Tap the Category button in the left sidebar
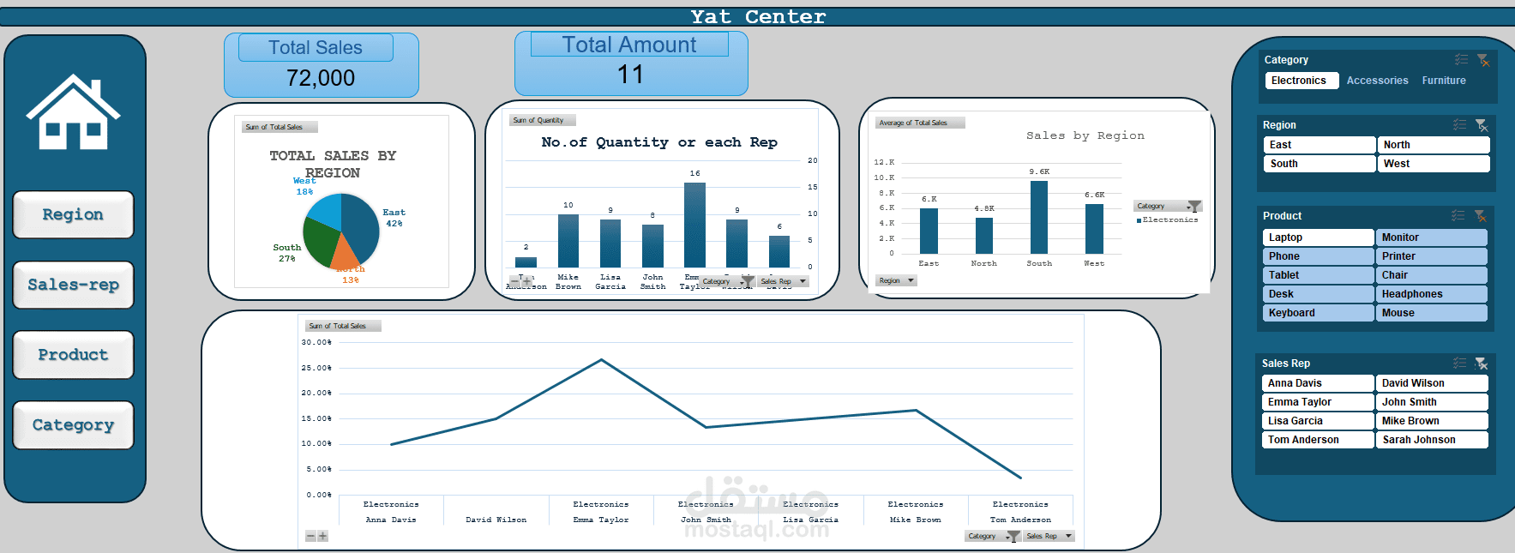(73, 425)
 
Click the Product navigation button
(73, 355)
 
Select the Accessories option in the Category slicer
(1377, 81)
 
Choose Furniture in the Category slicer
(1444, 81)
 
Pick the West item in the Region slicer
(1432, 164)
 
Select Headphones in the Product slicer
(1431, 294)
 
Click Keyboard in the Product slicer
(1318, 313)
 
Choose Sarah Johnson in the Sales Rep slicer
(1431, 440)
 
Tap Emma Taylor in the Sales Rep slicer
(1318, 402)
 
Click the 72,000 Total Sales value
(321, 78)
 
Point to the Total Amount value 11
(630, 75)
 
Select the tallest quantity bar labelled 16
(694, 225)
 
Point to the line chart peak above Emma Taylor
(602, 360)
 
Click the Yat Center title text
(758, 17)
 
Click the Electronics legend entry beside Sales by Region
(1169, 220)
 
